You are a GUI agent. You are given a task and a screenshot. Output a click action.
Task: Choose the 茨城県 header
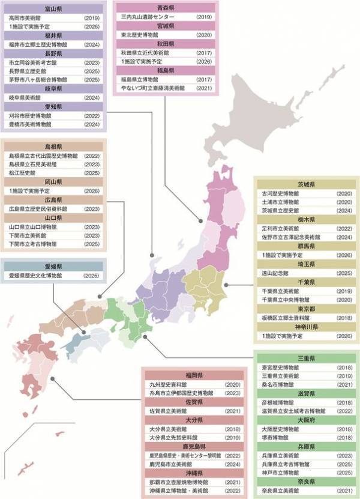pos(305,185)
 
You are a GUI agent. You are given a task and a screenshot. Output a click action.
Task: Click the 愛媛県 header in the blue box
pos(55,265)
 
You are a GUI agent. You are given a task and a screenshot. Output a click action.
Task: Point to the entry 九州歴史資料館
pos(168,384)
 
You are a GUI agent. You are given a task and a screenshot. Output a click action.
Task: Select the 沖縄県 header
pos(194,473)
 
